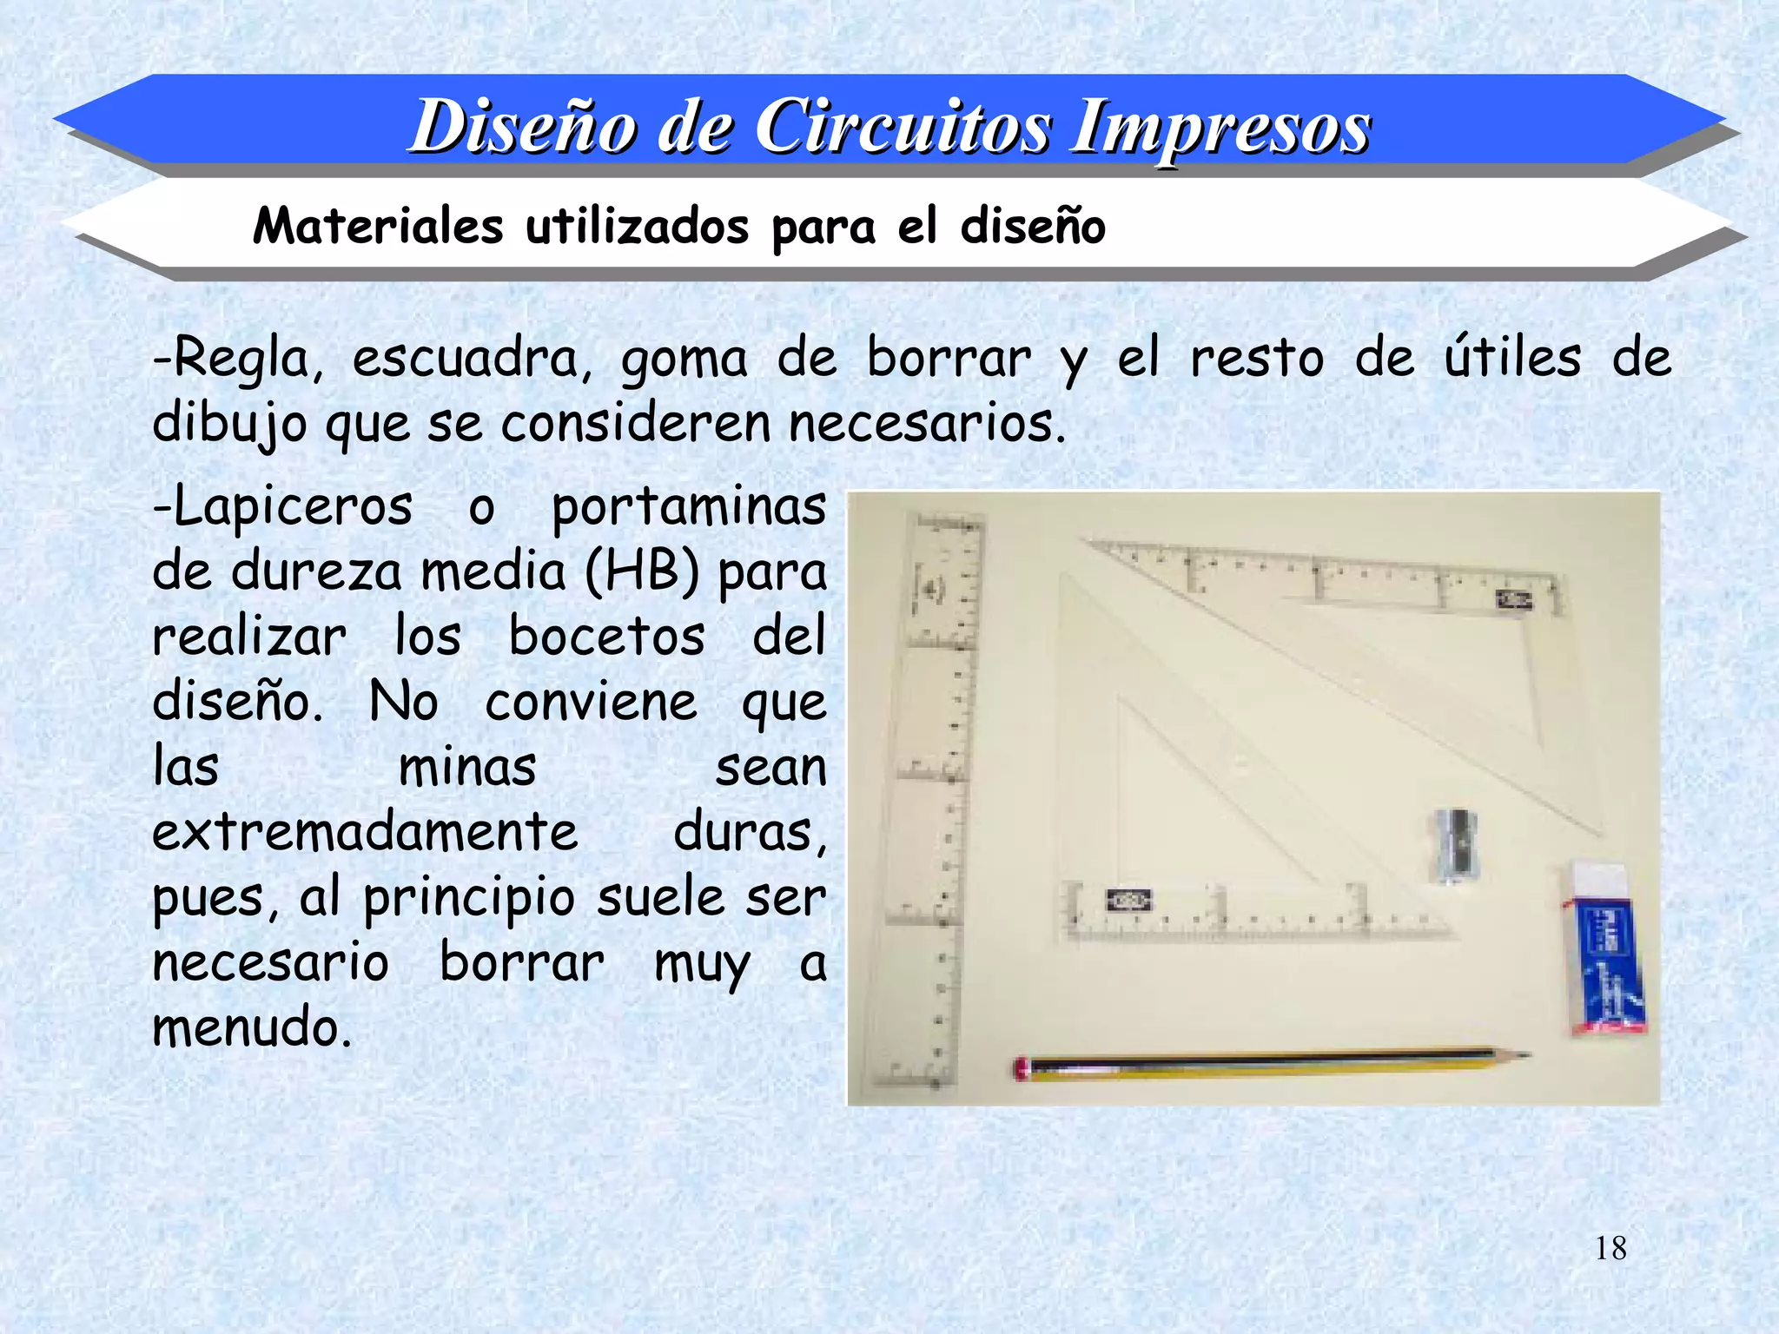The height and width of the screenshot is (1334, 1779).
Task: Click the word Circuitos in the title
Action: (x=903, y=127)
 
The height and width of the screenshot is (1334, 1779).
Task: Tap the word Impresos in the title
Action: (x=1220, y=127)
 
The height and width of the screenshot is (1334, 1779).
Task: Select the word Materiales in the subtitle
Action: (x=378, y=227)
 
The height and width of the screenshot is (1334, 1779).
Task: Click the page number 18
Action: (x=1610, y=1249)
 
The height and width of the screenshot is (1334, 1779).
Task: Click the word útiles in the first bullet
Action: (x=1512, y=358)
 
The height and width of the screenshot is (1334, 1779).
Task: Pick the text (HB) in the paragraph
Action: (x=642, y=572)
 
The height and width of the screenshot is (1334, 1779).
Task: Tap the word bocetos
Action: (x=606, y=637)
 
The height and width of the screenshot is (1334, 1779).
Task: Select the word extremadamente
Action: (x=365, y=832)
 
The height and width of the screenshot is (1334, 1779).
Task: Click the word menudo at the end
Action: (x=252, y=1027)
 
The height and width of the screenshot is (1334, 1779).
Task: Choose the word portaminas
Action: (x=689, y=506)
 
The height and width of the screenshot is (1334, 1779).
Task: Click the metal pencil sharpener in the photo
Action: (x=1457, y=842)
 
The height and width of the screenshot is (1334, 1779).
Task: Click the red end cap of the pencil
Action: (x=1021, y=1068)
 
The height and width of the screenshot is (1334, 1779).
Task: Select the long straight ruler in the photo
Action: (x=933, y=799)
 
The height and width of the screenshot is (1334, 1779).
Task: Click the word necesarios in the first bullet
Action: (x=927, y=424)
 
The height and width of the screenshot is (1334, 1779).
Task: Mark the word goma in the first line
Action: (x=684, y=358)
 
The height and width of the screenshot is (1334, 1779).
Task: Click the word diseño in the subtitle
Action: (x=1033, y=227)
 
